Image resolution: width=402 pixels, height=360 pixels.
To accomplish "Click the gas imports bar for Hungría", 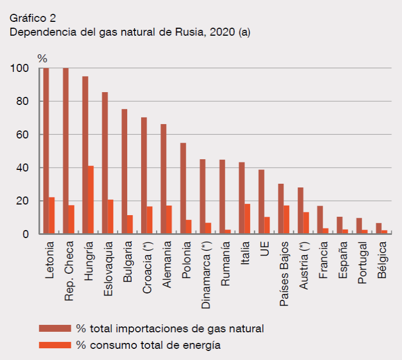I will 85,155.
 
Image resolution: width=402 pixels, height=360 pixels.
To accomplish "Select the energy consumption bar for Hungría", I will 91,200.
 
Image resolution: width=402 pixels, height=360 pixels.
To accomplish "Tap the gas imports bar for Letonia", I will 46,151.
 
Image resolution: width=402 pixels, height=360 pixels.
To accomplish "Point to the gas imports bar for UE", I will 261,201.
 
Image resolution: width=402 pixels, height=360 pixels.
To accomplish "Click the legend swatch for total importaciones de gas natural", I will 55,327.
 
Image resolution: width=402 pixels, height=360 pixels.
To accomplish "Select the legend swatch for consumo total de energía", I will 55,345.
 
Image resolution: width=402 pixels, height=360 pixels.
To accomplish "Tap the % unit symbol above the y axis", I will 42,58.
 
